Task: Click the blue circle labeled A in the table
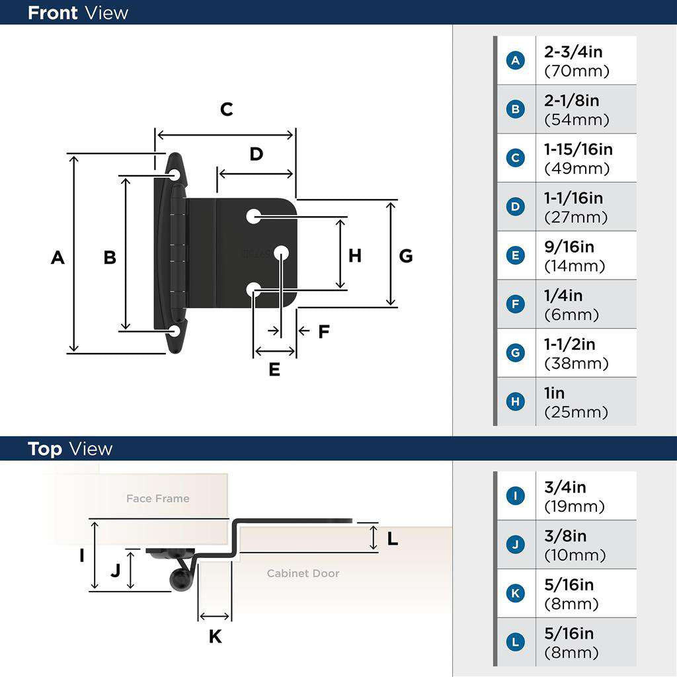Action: click(515, 61)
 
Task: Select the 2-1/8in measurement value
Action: click(572, 100)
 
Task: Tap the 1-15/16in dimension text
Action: click(578, 149)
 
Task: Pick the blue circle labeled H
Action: click(515, 402)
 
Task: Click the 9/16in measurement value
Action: click(569, 247)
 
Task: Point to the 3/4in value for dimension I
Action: click(565, 487)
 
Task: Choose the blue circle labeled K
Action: click(515, 594)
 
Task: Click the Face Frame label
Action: click(158, 498)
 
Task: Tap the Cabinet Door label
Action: click(303, 573)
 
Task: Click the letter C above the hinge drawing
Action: click(227, 109)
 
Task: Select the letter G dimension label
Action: click(406, 256)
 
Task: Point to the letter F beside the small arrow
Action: click(323, 331)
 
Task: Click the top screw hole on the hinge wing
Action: click(175, 175)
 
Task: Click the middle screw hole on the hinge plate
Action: click(281, 252)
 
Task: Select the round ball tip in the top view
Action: click(180, 580)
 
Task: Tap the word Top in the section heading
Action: click(45, 449)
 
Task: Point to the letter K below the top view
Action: click(215, 637)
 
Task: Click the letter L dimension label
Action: click(393, 539)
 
